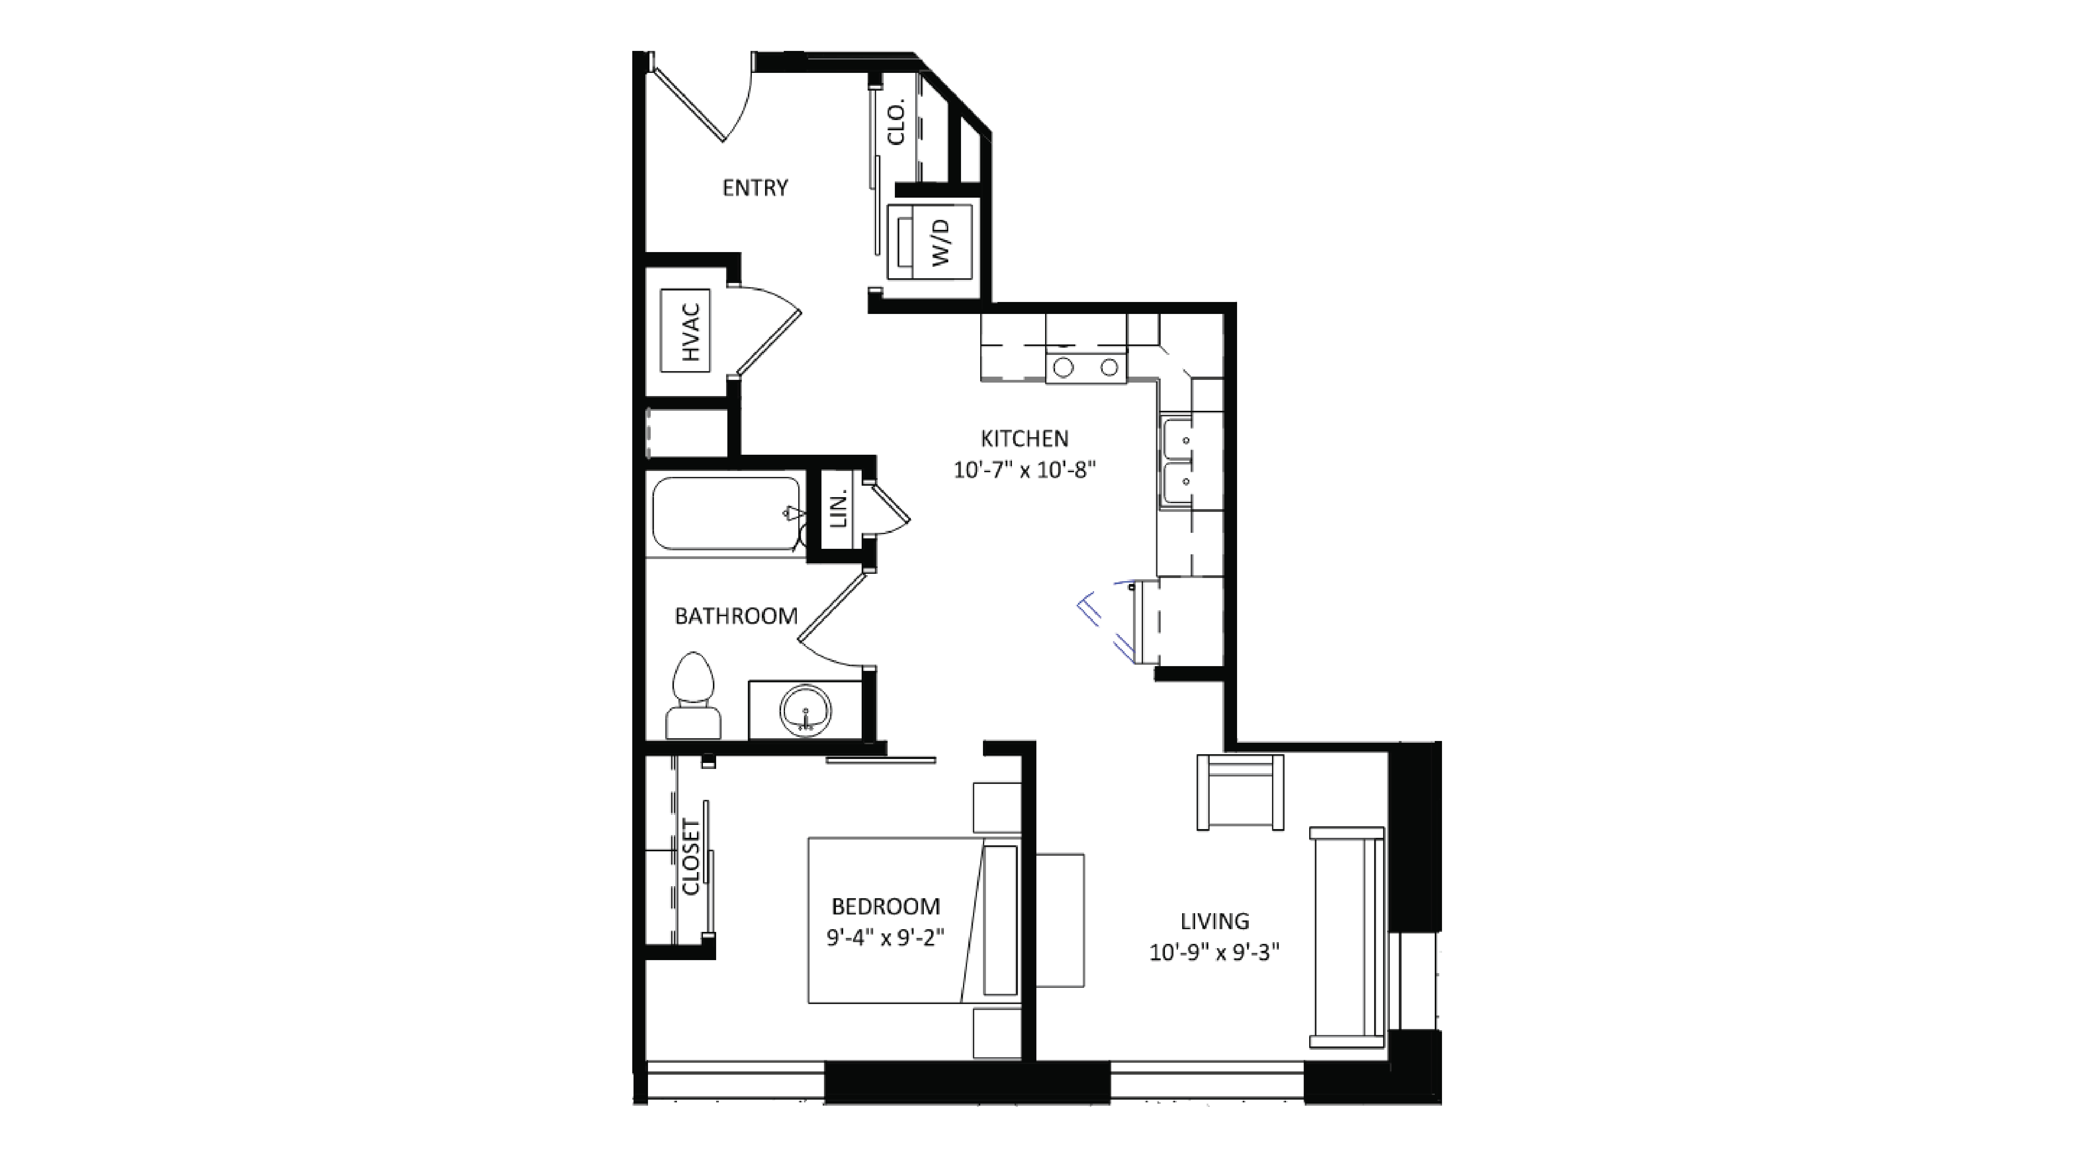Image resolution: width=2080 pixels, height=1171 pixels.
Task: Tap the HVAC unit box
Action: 685,331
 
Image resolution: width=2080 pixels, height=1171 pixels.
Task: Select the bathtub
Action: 725,514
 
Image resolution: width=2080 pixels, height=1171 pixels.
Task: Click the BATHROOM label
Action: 736,616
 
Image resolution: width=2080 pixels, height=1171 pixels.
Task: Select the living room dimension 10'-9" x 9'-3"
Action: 1214,953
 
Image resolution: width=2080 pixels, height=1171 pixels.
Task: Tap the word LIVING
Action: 1214,921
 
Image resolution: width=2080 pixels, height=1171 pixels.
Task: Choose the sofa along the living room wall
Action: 1347,937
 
